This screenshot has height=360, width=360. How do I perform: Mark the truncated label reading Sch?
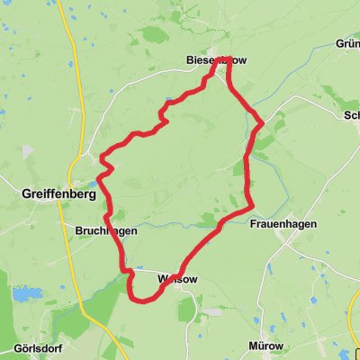[x=351, y=115]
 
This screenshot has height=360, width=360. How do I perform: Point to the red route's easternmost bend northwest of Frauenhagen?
[x=260, y=119]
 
